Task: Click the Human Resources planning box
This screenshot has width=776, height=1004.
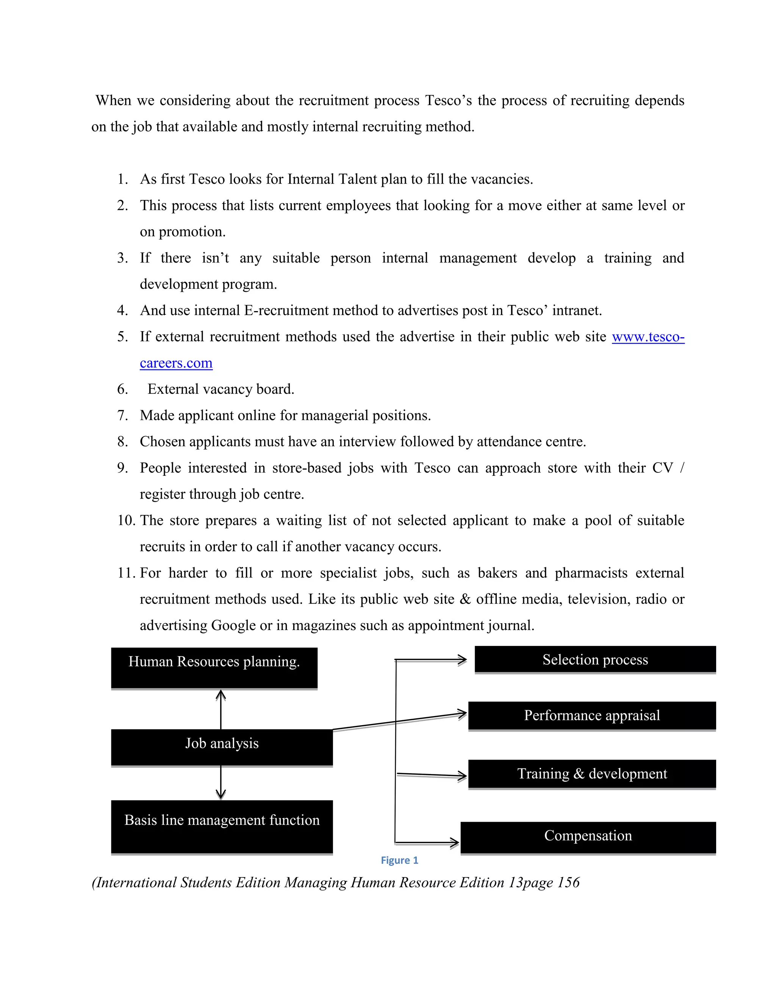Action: (214, 668)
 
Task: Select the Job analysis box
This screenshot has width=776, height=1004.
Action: (222, 747)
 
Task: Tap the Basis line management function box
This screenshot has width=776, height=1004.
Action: (222, 827)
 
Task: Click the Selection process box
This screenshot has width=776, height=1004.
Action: (595, 660)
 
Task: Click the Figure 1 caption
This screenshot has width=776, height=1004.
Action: (399, 860)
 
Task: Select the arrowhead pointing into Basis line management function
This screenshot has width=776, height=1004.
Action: (221, 793)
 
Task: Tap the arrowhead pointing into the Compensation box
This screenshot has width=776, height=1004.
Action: (455, 843)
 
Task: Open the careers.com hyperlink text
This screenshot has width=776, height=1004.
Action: (176, 363)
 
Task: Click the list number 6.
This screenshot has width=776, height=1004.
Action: (122, 389)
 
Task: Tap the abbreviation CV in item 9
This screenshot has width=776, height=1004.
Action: (662, 468)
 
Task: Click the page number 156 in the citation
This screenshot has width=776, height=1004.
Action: (568, 883)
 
